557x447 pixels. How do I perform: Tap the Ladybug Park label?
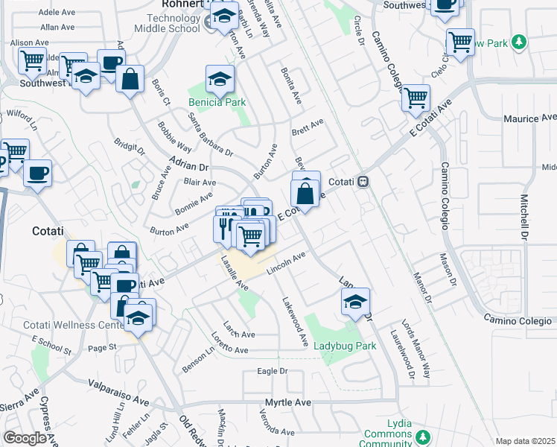click(x=344, y=346)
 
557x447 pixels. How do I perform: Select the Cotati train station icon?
click(x=363, y=182)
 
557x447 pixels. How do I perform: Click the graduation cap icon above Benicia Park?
click(x=220, y=79)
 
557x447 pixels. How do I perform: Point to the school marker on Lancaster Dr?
click(x=356, y=302)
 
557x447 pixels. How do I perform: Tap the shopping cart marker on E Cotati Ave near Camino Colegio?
click(x=416, y=98)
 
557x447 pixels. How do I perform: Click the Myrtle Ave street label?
click(x=287, y=402)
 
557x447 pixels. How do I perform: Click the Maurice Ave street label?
click(x=529, y=118)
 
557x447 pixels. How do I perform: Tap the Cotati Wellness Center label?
click(x=69, y=325)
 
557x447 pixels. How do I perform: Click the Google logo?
click(x=25, y=438)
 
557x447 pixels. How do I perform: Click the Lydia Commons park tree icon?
click(x=424, y=436)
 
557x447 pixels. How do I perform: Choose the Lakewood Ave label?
click(x=295, y=321)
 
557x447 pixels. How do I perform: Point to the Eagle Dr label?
click(x=272, y=371)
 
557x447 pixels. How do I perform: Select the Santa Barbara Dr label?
click(x=211, y=135)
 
